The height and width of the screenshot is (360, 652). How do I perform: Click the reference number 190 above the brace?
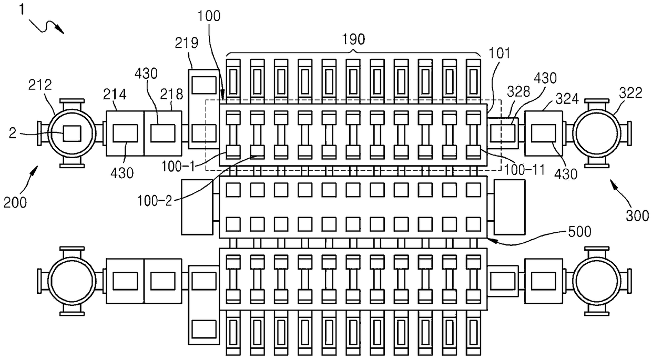[353, 39]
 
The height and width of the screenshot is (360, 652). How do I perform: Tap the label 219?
[187, 43]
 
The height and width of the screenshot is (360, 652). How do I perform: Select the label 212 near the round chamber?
[40, 85]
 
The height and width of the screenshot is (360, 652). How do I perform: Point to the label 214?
[115, 95]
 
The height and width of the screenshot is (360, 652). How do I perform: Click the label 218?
[172, 94]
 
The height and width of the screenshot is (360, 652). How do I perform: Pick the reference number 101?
[499, 54]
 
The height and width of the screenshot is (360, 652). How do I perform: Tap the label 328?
[518, 91]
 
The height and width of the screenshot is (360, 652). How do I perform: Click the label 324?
[567, 99]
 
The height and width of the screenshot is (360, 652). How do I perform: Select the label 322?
[630, 93]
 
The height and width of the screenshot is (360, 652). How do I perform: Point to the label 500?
[580, 232]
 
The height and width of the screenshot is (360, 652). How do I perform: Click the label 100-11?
[524, 170]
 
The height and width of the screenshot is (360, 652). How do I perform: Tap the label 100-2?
[155, 201]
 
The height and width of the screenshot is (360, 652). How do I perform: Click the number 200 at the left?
[15, 202]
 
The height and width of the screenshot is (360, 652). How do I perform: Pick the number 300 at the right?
[637, 216]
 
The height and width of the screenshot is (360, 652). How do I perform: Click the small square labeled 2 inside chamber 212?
[72, 133]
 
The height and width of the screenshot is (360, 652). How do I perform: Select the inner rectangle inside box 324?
[544, 133]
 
